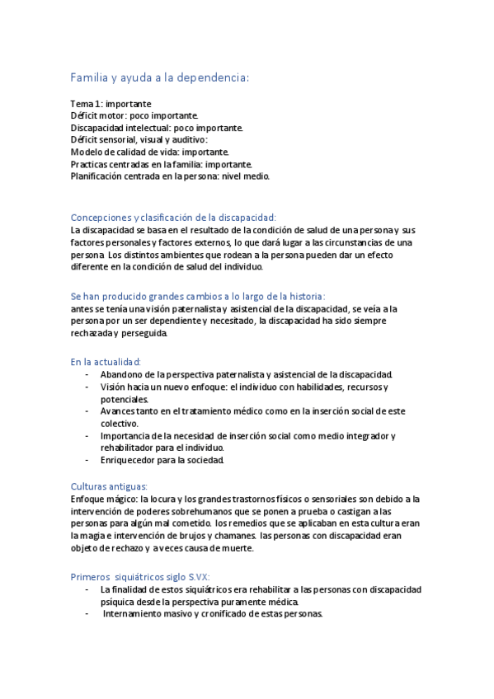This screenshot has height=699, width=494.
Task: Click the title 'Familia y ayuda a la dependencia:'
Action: (x=160, y=77)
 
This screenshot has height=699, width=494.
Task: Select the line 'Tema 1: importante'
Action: (x=111, y=105)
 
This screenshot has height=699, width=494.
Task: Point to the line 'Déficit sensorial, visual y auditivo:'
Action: (x=139, y=140)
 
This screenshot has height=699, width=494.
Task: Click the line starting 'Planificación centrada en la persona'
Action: (x=170, y=176)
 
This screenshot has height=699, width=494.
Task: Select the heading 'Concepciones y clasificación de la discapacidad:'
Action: (x=173, y=217)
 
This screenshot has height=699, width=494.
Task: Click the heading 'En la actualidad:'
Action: (x=106, y=361)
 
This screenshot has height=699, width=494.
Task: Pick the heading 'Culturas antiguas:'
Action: (x=109, y=486)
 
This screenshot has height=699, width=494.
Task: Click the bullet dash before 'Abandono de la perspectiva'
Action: (x=87, y=374)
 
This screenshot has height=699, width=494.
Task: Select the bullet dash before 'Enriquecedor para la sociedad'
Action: (x=87, y=460)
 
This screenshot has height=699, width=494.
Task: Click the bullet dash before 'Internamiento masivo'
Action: (x=87, y=614)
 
